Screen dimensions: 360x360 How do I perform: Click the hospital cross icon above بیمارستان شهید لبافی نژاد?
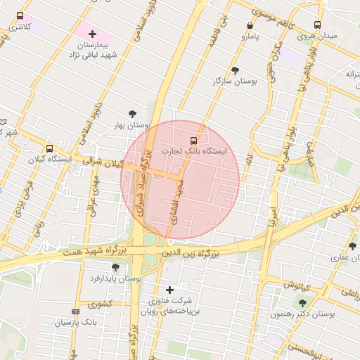point(92,34)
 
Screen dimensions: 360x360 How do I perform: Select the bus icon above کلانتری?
point(19,15)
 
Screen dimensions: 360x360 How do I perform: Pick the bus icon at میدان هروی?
point(317,24)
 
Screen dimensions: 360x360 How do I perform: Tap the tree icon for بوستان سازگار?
point(234,70)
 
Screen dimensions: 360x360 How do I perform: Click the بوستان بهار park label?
point(134,126)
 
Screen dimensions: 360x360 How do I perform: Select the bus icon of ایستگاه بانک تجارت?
point(194,139)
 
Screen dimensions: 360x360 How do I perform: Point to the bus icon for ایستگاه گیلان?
point(49,148)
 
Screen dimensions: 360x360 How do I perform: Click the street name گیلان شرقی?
point(101,162)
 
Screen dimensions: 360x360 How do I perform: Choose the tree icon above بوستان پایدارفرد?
point(115,267)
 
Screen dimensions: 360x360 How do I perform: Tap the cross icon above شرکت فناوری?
point(169,290)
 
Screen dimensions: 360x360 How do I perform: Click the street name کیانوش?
point(297,284)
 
